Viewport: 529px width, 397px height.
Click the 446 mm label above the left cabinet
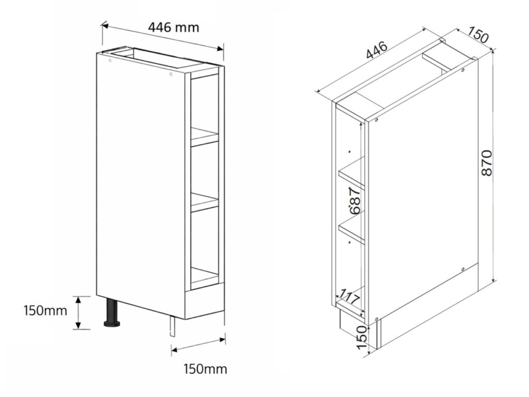click(173, 27)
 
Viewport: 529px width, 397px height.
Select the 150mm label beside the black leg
click(45, 311)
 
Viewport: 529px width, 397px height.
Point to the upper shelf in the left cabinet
click(205, 137)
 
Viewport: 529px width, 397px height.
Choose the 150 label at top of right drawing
click(478, 37)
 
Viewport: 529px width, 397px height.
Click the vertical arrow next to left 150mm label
click(78, 312)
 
